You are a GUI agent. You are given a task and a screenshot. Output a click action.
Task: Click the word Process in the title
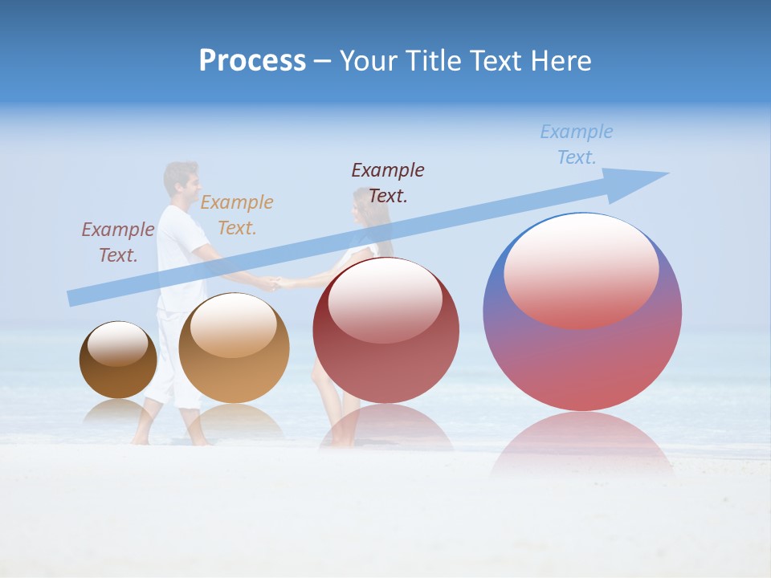(x=252, y=61)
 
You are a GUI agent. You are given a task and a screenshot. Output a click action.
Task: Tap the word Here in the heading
(x=560, y=61)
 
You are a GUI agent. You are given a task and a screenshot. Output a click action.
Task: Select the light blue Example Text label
(x=576, y=144)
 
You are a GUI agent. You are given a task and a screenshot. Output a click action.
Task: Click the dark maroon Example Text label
(x=388, y=183)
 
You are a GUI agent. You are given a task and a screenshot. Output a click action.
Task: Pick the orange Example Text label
(x=237, y=215)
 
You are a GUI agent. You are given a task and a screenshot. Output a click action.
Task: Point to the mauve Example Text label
(x=118, y=242)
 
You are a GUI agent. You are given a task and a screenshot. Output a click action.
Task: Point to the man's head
(x=181, y=181)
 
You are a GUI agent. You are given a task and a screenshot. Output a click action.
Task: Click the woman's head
(x=368, y=209)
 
